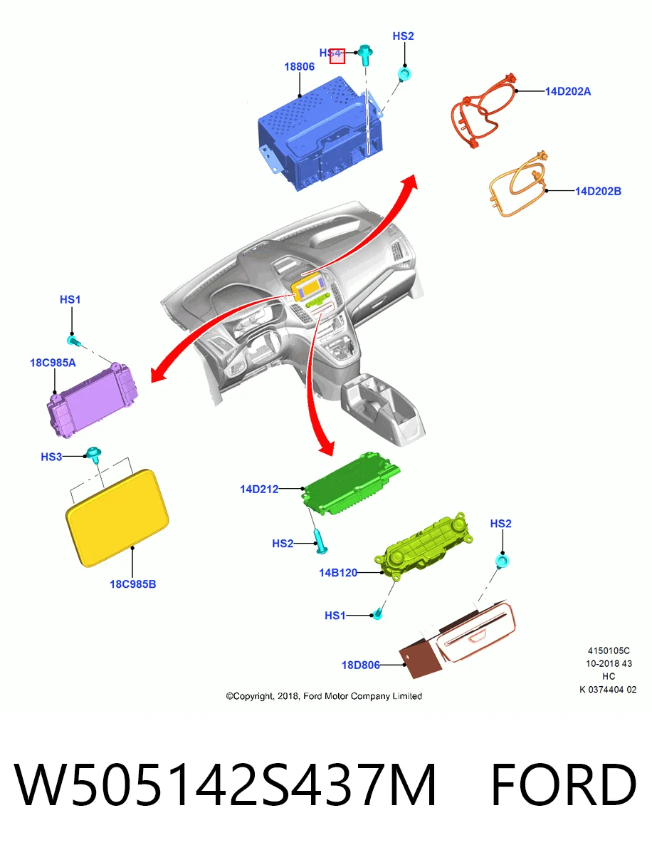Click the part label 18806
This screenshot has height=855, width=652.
[299, 66]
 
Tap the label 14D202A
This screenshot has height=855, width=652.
[567, 91]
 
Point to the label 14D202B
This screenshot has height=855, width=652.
[597, 191]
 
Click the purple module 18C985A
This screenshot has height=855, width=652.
[92, 400]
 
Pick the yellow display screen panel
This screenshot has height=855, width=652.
[117, 517]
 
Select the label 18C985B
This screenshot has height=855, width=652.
[132, 584]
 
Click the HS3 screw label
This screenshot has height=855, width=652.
[51, 457]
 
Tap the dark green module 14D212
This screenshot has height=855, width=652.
[350, 483]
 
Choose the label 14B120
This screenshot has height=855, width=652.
[337, 573]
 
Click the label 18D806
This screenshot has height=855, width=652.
[360, 665]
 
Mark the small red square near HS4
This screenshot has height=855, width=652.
[337, 56]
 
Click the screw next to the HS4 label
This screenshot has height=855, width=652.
[365, 55]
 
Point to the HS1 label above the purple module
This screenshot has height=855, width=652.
[70, 299]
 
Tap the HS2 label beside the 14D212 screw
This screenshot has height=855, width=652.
[283, 544]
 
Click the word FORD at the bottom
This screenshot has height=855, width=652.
[563, 784]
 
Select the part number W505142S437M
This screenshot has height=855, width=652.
[224, 784]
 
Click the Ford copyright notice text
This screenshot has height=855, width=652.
[324, 696]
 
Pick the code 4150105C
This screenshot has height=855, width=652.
[609, 651]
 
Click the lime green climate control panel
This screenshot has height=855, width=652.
[424, 545]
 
